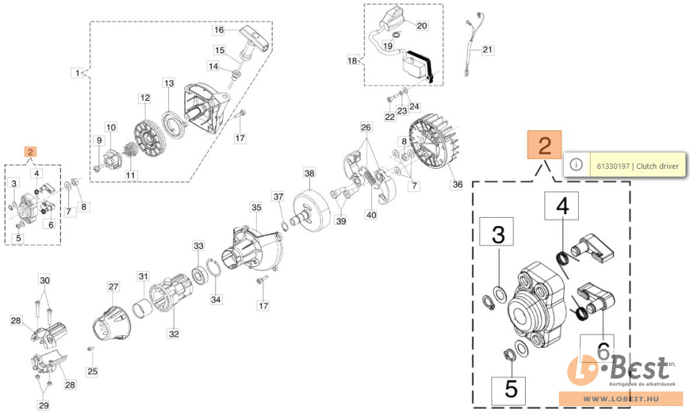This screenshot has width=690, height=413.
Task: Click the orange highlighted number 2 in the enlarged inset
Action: point(544,147)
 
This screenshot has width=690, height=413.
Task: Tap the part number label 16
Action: point(219,30)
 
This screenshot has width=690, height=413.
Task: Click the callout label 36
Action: point(457,185)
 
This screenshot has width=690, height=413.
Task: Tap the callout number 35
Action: point(256,207)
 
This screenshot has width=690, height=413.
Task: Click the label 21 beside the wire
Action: point(488,50)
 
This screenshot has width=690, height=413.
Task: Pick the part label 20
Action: point(422,26)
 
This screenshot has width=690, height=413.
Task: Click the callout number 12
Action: point(144,99)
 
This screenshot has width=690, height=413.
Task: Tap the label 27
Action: point(113,286)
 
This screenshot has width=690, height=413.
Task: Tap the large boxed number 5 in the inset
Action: point(511,390)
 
